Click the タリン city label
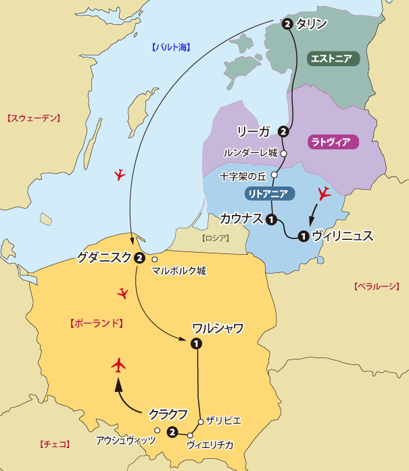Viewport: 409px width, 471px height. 312,24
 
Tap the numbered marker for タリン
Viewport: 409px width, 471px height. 288,24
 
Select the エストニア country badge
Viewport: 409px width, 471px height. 333,59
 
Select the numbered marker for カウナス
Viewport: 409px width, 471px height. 271,219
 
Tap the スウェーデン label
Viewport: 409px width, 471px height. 33,118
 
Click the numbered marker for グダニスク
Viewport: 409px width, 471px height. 139,257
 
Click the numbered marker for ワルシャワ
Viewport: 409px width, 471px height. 196,343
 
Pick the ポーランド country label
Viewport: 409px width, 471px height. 95,324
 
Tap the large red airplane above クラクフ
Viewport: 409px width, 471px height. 119,366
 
